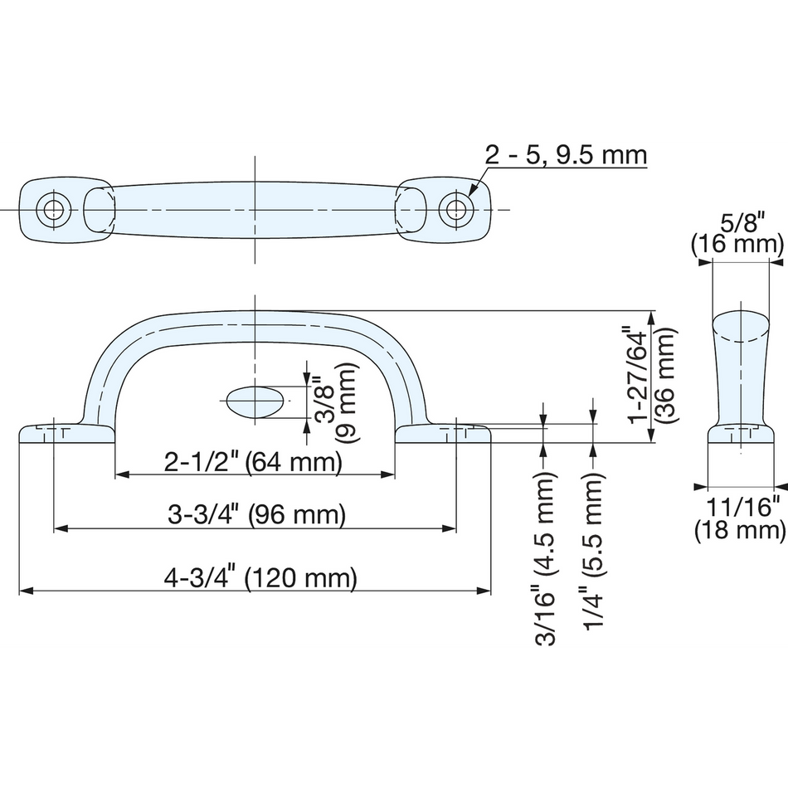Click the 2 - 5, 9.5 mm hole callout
coord(566,155)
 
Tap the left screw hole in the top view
coord(53,210)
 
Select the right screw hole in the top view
coord(456,209)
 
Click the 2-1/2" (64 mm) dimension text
coord(253,462)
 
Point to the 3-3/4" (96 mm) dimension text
coord(256,514)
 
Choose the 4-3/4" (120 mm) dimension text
coord(260,577)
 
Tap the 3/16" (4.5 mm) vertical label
coord(544,558)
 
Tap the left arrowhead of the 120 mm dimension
coord(27,591)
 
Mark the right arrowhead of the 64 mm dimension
coord(387,474)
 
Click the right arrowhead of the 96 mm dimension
coord(450,528)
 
